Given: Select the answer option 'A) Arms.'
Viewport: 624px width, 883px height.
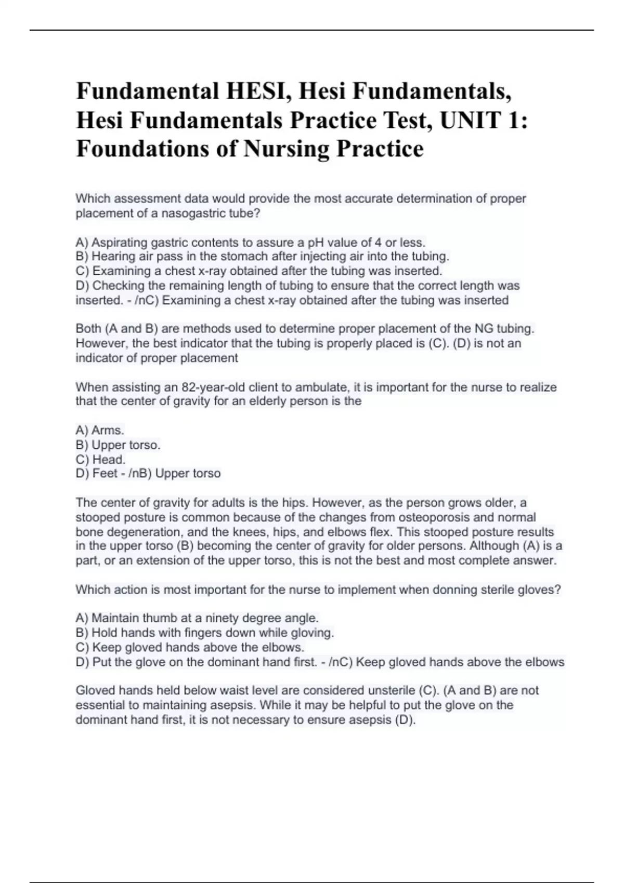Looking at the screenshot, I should click(x=100, y=431).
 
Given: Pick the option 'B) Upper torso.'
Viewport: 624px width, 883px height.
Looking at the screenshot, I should click(x=118, y=445).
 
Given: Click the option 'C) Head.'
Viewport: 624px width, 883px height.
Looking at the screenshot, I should click(x=101, y=460).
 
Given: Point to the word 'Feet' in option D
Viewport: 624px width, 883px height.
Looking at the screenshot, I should click(x=105, y=474).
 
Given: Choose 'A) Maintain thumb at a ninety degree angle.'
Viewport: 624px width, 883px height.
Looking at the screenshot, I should click(x=197, y=618).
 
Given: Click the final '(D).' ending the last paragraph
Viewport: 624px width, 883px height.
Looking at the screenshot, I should click(x=405, y=720).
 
